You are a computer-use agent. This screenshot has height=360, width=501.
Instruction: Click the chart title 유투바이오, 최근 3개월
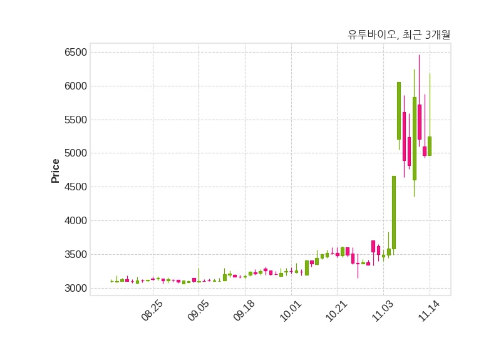click(399, 35)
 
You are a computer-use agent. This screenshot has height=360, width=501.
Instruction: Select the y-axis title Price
click(56, 170)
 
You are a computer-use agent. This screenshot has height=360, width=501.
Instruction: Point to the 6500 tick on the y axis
click(76, 52)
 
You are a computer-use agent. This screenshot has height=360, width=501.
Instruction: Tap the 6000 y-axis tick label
click(76, 86)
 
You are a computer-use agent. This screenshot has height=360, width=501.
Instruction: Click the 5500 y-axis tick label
click(76, 120)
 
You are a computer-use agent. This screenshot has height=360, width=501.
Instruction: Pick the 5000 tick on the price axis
click(76, 153)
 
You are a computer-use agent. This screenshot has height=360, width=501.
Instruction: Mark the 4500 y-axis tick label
click(76, 187)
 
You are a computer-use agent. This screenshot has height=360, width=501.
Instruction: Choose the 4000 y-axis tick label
click(76, 221)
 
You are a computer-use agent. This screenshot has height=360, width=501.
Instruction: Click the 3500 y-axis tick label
click(76, 255)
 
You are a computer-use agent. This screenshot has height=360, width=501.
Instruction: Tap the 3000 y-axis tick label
click(76, 289)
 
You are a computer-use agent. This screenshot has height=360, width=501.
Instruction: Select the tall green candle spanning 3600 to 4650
click(394, 213)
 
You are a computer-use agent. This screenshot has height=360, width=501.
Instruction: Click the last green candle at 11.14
click(430, 146)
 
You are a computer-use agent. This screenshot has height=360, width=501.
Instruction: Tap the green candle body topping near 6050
click(399, 111)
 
